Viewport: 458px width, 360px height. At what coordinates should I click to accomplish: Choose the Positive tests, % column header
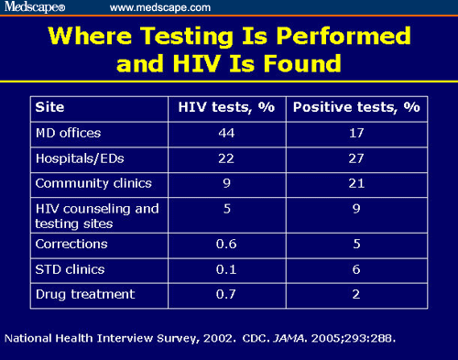click(356, 106)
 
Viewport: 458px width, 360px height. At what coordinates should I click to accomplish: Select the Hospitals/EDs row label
click(73, 158)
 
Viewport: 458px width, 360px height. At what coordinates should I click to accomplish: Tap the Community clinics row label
click(86, 182)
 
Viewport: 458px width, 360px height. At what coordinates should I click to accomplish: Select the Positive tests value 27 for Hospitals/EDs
click(356, 158)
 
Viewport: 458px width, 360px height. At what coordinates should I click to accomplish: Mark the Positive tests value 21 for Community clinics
click(356, 182)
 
